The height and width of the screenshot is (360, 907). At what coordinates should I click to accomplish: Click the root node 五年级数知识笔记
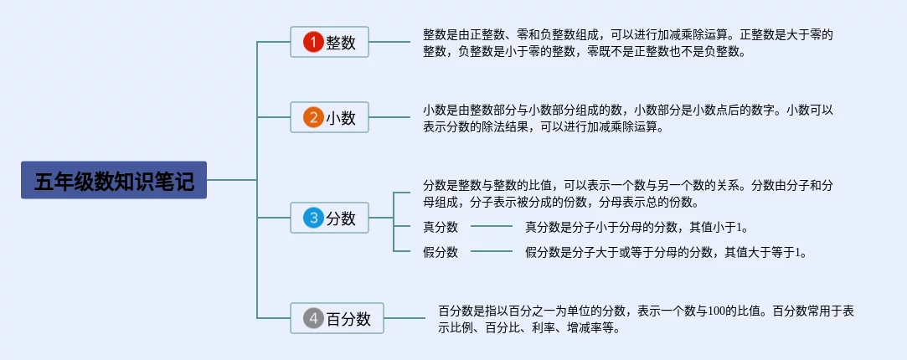pyautogui.click(x=114, y=180)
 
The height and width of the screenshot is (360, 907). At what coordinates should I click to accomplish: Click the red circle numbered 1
pyautogui.click(x=312, y=43)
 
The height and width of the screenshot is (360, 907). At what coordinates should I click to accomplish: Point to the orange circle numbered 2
pyautogui.click(x=312, y=118)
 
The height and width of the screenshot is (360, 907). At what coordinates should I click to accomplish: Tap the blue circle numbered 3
pyautogui.click(x=312, y=219)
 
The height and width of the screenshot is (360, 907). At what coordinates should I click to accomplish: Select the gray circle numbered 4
pyautogui.click(x=312, y=318)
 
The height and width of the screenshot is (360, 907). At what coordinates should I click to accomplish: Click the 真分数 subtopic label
pyautogui.click(x=441, y=227)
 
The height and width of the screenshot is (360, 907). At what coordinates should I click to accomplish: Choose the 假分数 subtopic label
pyautogui.click(x=441, y=252)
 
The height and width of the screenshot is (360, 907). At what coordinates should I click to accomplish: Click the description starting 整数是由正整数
pyautogui.click(x=627, y=43)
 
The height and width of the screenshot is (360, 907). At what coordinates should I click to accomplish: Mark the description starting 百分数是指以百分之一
pyautogui.click(x=646, y=318)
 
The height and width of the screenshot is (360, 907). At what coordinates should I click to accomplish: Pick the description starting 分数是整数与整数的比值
pyautogui.click(x=627, y=193)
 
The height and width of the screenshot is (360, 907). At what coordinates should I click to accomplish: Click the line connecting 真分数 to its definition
pyautogui.click(x=492, y=226)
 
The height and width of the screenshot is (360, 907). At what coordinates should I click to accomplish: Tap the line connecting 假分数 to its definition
pyautogui.click(x=492, y=251)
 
